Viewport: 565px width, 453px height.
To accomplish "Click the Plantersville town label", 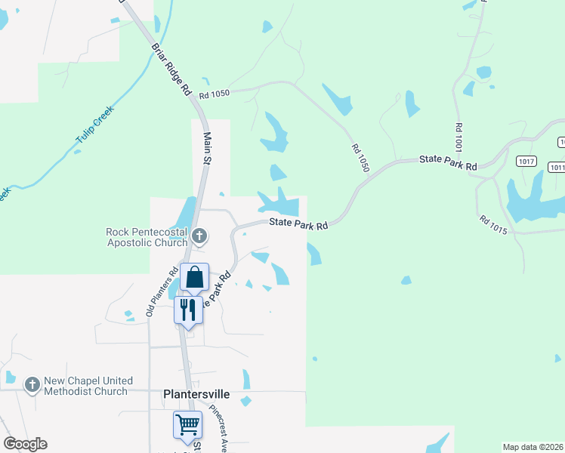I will click(196, 394).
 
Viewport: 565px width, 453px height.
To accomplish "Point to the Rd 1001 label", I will click(458, 135).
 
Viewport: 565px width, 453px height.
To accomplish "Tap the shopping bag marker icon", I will click(195, 278).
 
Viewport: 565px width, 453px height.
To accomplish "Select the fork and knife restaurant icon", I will click(188, 310).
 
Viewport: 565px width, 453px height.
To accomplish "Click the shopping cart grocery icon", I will click(187, 424).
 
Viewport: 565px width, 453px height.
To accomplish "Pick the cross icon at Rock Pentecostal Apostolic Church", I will click(199, 236).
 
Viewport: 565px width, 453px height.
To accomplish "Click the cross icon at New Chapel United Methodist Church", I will click(32, 385).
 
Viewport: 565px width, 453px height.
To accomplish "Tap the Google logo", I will click(25, 444).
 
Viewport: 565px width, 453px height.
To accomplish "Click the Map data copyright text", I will click(533, 447).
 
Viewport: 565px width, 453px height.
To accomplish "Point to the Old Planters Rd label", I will click(161, 291).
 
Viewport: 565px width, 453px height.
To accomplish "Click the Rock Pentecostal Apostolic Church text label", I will click(147, 236).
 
